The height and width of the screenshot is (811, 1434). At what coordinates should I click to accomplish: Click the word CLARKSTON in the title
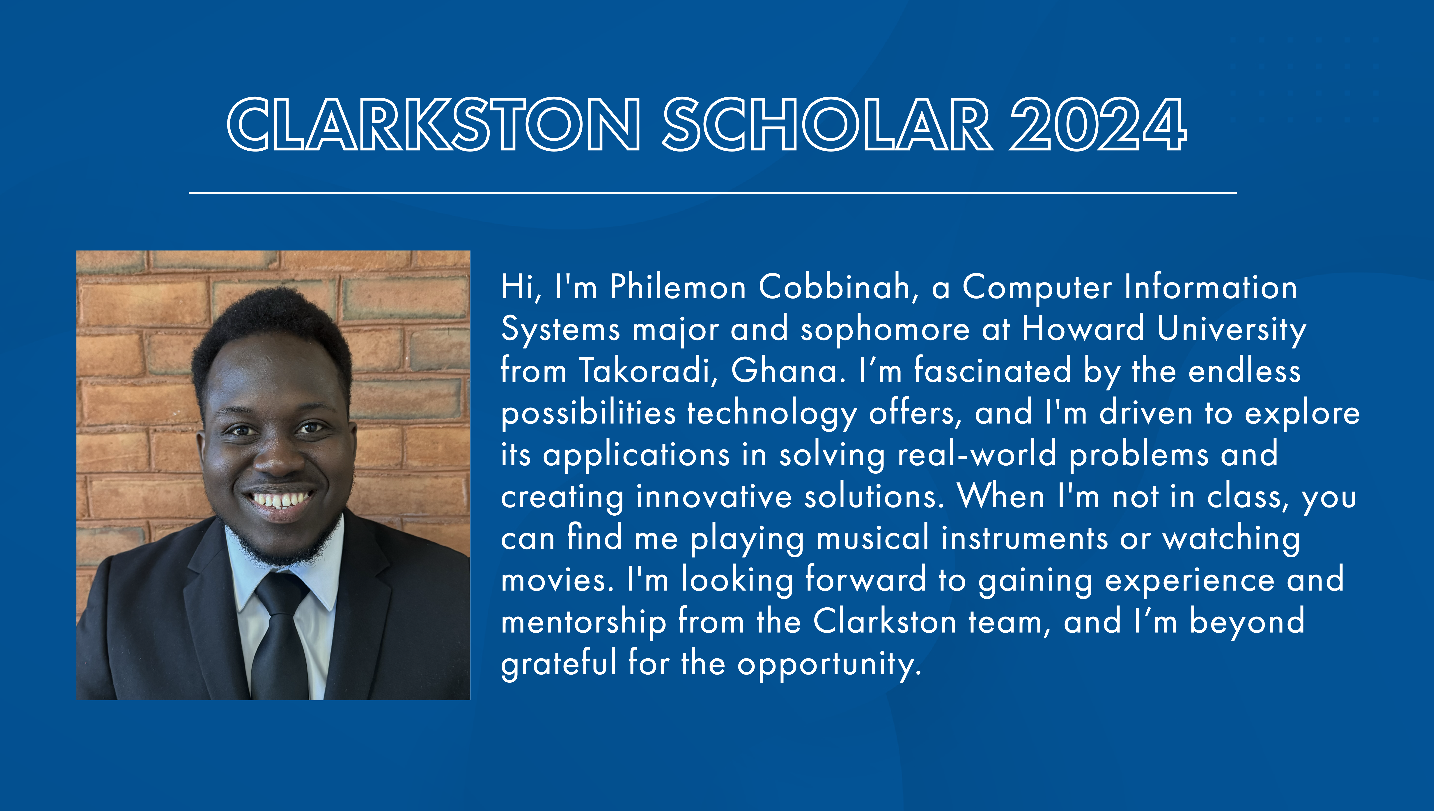coord(433,124)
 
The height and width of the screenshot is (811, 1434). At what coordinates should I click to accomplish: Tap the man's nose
coord(278,457)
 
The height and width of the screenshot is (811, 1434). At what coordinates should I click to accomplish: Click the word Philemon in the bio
coord(678,287)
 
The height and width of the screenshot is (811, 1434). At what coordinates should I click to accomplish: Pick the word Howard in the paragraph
coord(1083,329)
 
